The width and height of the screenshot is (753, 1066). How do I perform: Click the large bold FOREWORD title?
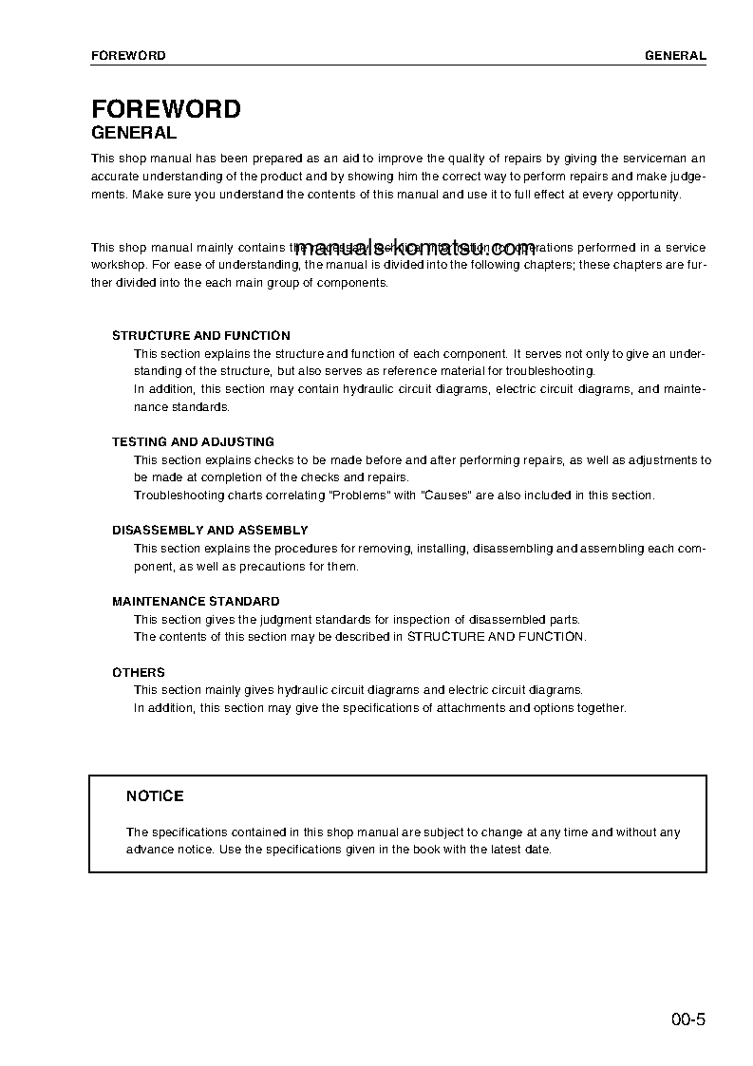click(165, 109)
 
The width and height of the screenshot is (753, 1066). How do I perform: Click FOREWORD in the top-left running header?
click(128, 56)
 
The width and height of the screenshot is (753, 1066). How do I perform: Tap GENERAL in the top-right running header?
click(675, 56)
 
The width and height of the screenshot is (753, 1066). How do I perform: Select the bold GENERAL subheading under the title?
click(133, 134)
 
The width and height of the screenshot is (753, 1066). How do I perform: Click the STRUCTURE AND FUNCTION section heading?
click(201, 336)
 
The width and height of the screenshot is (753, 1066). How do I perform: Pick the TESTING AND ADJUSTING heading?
click(193, 442)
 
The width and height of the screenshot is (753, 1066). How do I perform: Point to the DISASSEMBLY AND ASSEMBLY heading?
click(210, 531)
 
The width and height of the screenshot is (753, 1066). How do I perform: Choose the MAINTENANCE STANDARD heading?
click(196, 602)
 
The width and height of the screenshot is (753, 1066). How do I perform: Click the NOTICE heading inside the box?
click(155, 796)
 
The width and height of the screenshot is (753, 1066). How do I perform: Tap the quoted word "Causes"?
click(446, 496)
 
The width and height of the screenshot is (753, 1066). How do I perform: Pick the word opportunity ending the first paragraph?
click(648, 195)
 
